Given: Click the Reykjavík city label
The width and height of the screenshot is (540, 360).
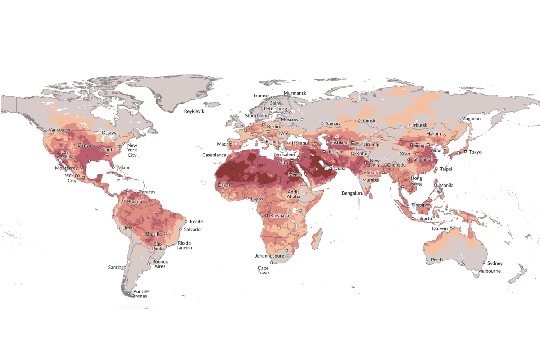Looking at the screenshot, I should point(194,111).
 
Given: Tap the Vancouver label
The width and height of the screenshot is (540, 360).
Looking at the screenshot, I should point(60,130).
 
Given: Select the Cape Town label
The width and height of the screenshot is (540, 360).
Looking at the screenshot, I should point(263,270).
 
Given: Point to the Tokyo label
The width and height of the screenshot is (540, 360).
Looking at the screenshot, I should point(475,152).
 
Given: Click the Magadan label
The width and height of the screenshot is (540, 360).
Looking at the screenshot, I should point(471,119).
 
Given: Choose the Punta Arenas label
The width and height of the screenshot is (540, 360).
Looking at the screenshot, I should point(140,294).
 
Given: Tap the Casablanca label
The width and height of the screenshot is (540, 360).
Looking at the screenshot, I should point(214,155).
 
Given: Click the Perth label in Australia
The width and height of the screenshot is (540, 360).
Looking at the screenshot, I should point(437,260).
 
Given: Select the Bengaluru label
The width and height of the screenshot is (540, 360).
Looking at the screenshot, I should point(353,193).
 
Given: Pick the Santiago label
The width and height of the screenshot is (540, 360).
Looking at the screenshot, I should point(117,267).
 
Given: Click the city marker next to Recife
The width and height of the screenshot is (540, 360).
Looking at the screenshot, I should point(186,222).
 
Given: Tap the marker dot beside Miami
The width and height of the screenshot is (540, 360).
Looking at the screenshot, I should point(114,167).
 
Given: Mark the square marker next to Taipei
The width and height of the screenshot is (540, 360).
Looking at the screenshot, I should point(436,169).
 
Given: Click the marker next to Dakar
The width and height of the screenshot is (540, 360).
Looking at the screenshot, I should point(214,185).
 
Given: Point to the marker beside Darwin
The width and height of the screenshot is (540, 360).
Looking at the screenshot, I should point(451,228).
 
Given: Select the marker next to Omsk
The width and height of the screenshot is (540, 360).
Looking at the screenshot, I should point(359,121).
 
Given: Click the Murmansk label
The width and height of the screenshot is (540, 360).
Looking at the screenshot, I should point(295,93).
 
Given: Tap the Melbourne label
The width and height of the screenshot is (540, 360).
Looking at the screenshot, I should point(489,271).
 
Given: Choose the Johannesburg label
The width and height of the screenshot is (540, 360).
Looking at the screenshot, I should point(269,256).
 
